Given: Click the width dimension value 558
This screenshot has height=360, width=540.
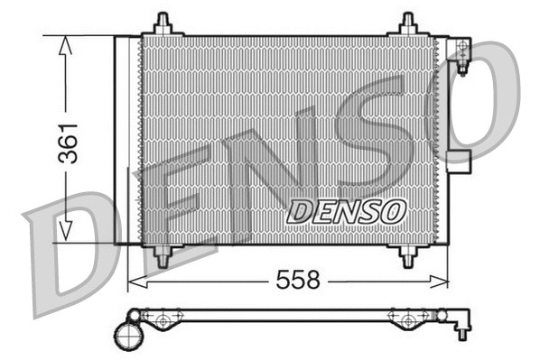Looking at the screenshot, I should (298, 281).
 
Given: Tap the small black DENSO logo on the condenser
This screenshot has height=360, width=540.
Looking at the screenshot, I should (346, 212).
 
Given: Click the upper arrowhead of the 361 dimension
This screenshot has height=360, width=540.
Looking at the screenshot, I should (64, 45).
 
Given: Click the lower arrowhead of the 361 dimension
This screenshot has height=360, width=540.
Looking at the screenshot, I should (64, 232).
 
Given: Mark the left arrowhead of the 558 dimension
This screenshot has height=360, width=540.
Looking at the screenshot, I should (135, 282).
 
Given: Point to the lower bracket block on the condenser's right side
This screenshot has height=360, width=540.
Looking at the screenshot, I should (461, 162).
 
